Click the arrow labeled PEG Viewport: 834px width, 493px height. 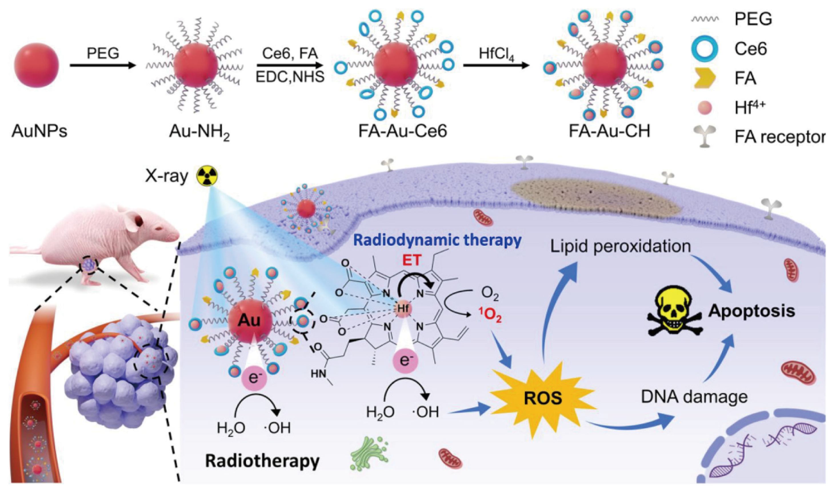point(103,65)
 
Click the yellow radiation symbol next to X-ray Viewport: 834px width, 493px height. point(207,176)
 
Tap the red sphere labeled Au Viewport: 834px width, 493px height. point(250,321)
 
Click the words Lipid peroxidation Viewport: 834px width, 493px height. point(620,247)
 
